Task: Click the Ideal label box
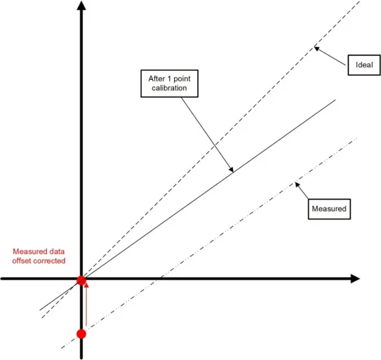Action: [x=364, y=65]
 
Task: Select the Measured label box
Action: [x=329, y=209]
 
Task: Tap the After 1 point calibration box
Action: [x=170, y=84]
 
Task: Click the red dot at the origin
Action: [x=81, y=280]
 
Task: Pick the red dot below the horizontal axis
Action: [x=81, y=334]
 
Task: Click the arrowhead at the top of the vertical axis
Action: [x=81, y=5]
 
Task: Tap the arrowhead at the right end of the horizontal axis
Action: [x=355, y=278]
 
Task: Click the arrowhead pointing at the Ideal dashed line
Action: [x=317, y=48]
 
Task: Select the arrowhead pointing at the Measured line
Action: [x=297, y=184]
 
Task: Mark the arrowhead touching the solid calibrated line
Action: [x=231, y=169]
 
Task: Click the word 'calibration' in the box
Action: [x=170, y=88]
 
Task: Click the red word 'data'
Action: [x=57, y=252]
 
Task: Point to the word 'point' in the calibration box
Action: [x=182, y=79]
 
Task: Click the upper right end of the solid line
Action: [x=335, y=100]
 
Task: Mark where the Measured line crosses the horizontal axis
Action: [x=159, y=278]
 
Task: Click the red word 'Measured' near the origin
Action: [x=30, y=252]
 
